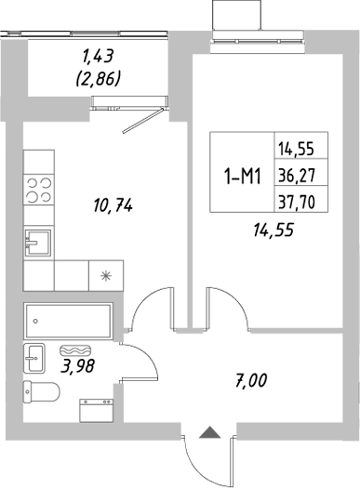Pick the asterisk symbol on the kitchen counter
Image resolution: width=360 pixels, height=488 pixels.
pos(103,275)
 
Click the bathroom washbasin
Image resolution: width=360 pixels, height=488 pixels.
pos(34,356)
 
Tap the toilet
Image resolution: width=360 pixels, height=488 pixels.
pos(39,393)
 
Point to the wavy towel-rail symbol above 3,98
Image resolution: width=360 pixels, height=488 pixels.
pos(74,351)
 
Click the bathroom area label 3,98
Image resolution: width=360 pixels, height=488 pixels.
pos(79,367)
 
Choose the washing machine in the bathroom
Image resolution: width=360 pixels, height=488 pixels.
pos(97,410)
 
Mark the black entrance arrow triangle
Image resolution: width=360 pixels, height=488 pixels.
pos(210,431)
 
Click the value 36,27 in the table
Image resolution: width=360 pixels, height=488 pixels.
pos(293,172)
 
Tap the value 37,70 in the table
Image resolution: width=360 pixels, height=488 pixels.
pos(293,197)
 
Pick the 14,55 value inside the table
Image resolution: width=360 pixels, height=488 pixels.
pos(293,147)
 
